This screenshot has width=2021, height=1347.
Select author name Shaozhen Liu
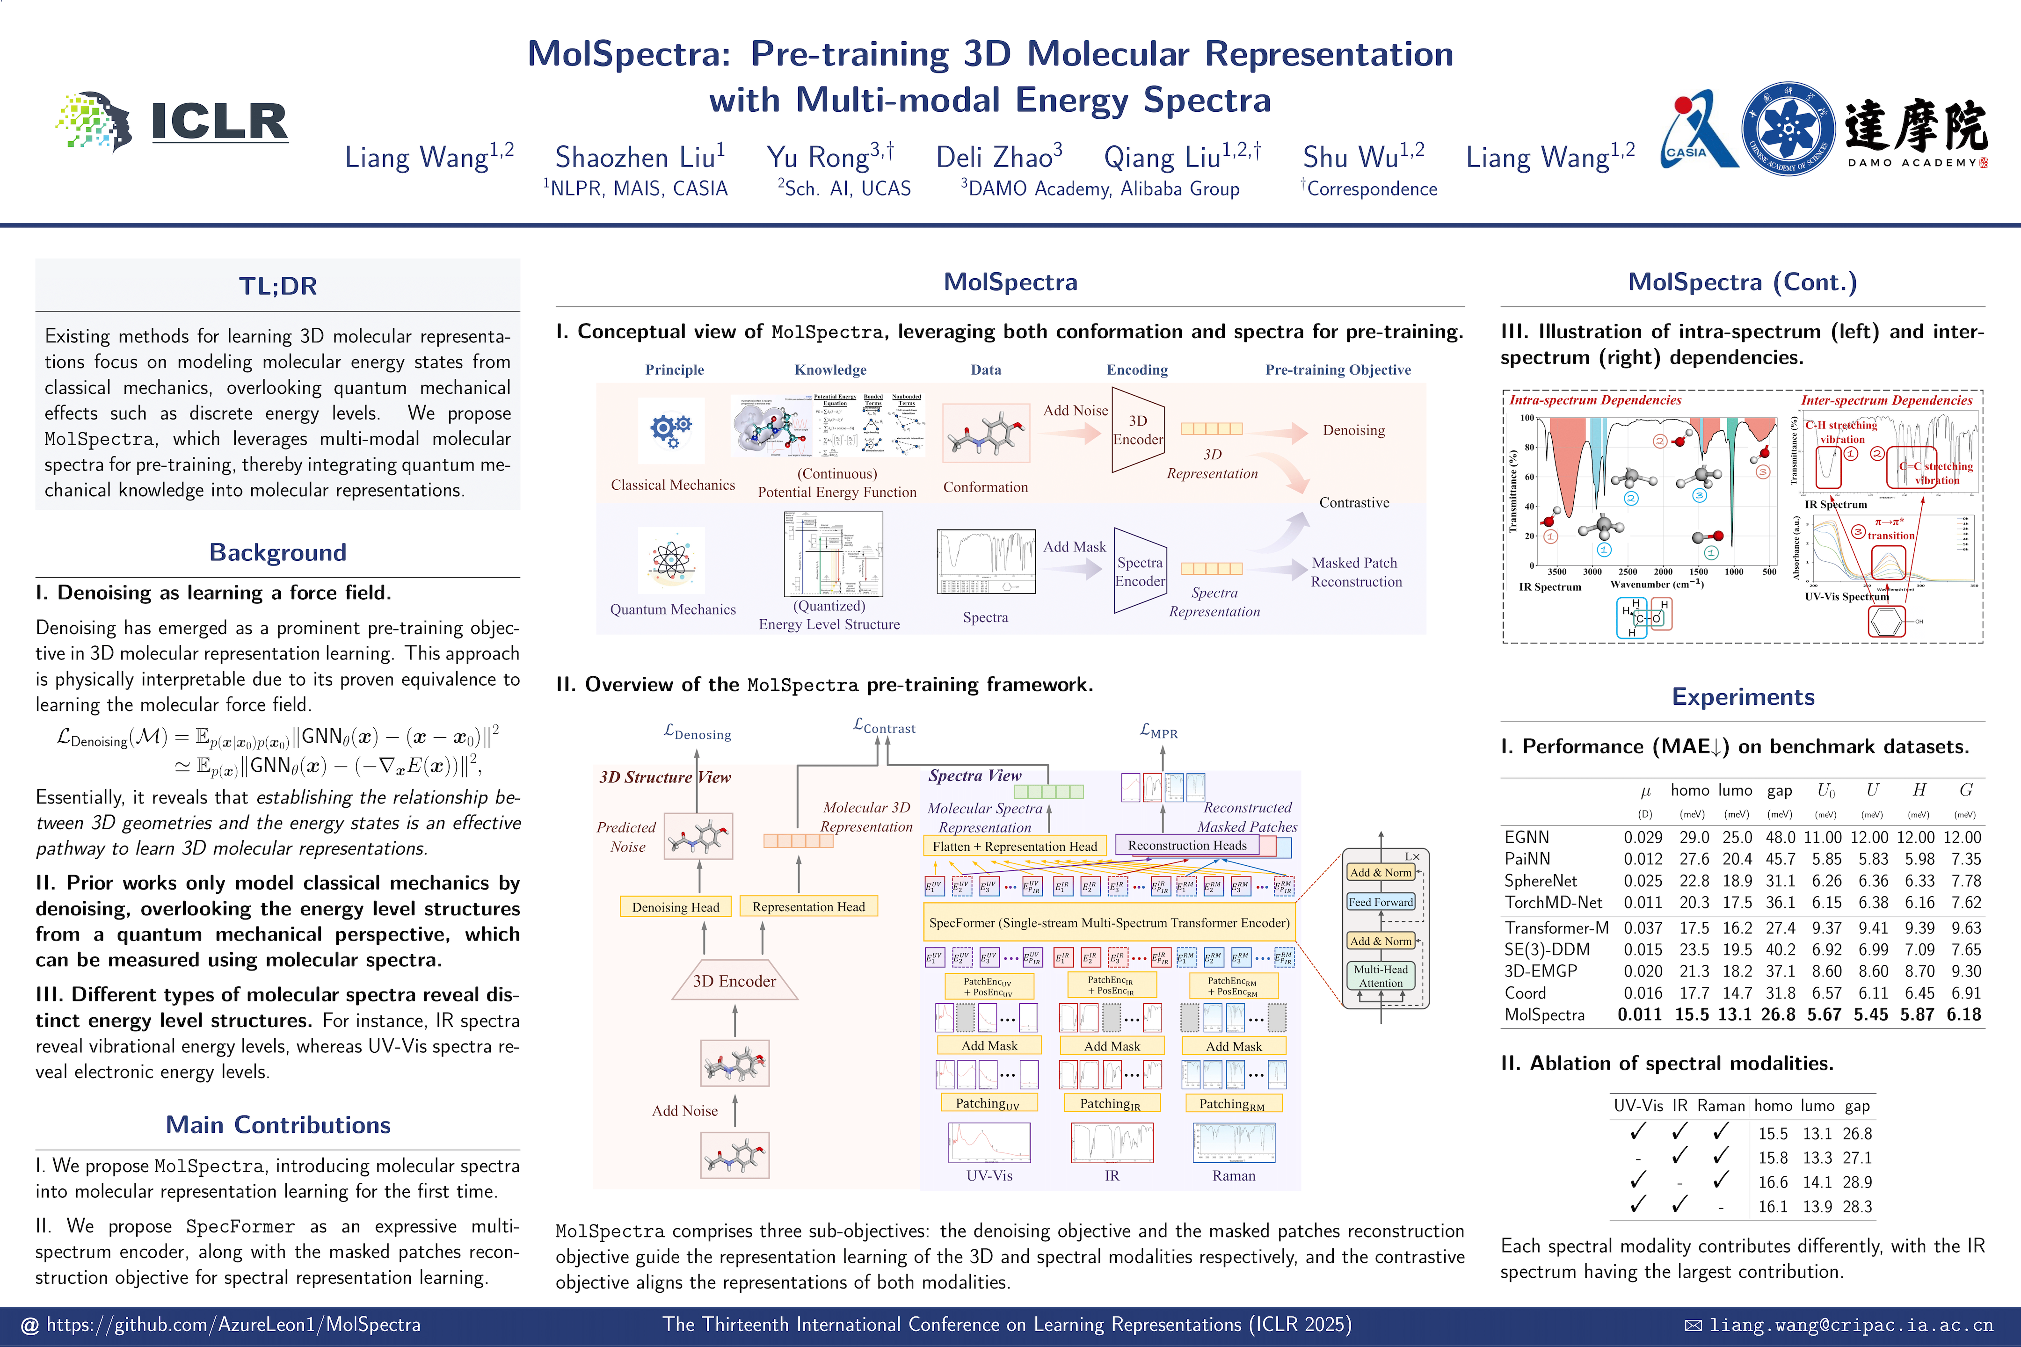[640, 157]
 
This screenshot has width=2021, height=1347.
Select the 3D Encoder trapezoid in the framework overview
[734, 981]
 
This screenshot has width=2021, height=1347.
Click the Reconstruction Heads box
[1187, 845]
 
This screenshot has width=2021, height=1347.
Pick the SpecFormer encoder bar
[1108, 923]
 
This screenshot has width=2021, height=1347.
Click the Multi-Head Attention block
[1380, 976]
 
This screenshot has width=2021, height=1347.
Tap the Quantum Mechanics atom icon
[671, 561]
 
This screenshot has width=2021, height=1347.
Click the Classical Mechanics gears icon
[671, 429]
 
